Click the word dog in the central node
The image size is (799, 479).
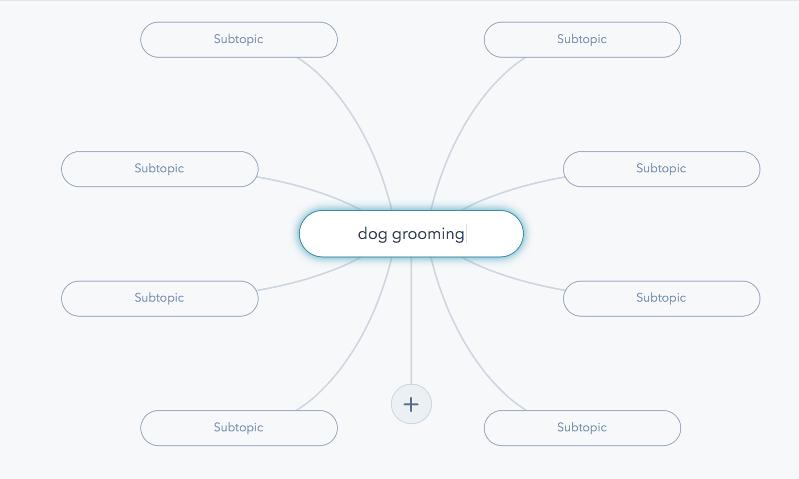tap(372, 234)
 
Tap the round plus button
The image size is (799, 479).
tap(411, 404)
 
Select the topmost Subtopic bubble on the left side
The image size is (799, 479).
tap(239, 40)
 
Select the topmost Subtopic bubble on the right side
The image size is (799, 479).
tap(582, 40)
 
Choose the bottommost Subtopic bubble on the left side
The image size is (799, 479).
tap(239, 428)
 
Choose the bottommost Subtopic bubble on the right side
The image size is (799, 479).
tap(582, 428)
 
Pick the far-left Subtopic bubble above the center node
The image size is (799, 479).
tap(160, 169)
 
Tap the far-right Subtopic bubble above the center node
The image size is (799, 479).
tap(662, 169)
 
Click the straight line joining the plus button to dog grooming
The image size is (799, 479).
tap(411, 320)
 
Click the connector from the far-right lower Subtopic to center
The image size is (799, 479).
tap(511, 278)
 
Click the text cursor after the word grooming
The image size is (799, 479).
tap(466, 234)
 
